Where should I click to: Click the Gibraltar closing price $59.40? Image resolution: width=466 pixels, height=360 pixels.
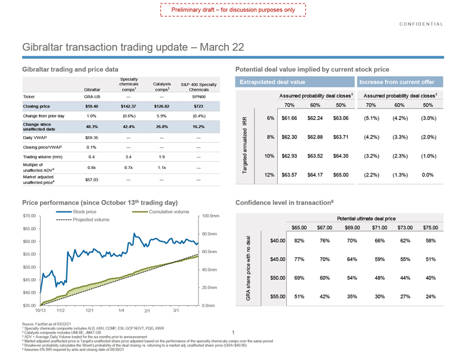click(x=91, y=106)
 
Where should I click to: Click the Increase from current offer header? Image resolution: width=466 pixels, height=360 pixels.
click(x=398, y=81)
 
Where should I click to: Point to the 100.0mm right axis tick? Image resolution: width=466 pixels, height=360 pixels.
click(x=211, y=216)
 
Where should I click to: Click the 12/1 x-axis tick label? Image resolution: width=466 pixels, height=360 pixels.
click(x=90, y=311)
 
